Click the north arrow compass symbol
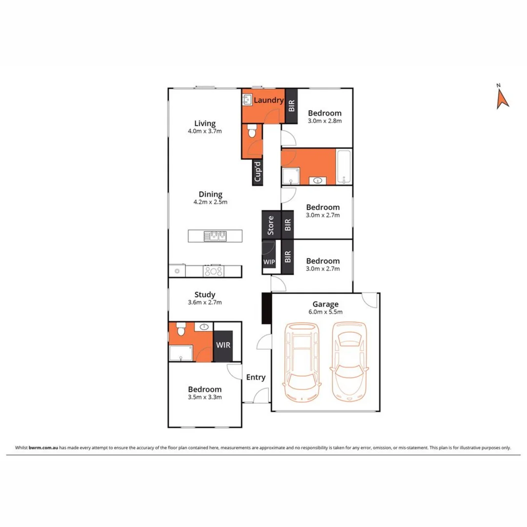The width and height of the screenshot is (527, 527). click(x=502, y=98)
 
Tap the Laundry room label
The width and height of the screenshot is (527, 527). click(x=268, y=100)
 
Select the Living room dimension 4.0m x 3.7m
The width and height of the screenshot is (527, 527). click(x=205, y=131)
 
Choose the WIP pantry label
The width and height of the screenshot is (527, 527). click(x=269, y=262)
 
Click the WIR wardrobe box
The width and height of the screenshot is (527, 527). click(x=223, y=345)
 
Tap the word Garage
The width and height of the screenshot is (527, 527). click(x=326, y=304)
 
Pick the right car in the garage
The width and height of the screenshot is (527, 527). click(x=349, y=361)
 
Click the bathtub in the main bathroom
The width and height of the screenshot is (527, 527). click(x=344, y=167)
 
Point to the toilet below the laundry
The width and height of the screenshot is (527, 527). click(x=252, y=132)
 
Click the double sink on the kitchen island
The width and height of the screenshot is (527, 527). click(x=215, y=236)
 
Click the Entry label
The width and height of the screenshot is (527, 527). click(x=256, y=377)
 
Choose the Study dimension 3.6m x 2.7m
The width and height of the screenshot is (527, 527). click(x=205, y=303)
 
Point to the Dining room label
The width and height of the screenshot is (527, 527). click(x=207, y=194)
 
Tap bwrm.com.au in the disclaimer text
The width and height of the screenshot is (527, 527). click(x=44, y=447)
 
